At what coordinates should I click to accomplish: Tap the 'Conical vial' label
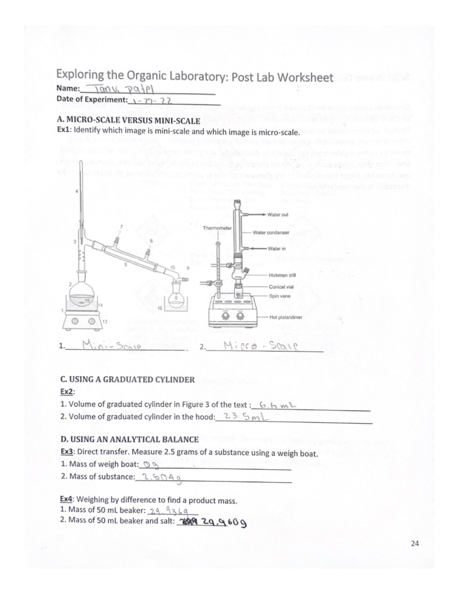[x=281, y=286]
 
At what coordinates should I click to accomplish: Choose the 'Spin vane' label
[x=280, y=296]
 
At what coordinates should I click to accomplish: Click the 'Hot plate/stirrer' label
[x=285, y=317]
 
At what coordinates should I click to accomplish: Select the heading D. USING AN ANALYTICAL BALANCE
[x=130, y=439]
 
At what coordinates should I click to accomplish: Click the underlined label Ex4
[x=67, y=500]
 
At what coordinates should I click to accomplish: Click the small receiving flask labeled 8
[x=177, y=297]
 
